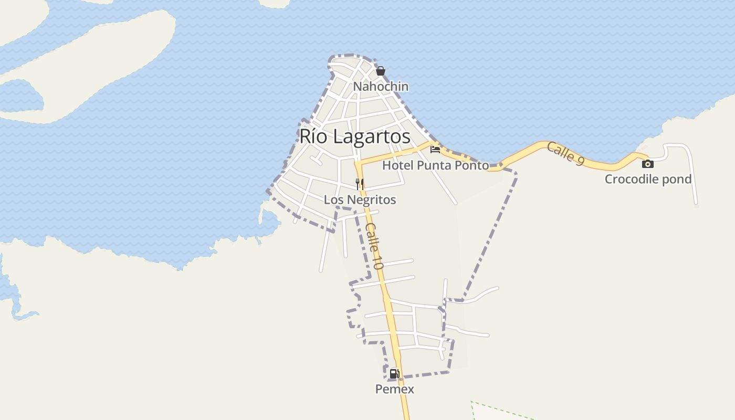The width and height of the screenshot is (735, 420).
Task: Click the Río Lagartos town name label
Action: tap(355, 136)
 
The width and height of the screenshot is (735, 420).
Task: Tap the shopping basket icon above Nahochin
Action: tap(381, 71)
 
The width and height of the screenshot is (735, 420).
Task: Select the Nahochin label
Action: tap(381, 86)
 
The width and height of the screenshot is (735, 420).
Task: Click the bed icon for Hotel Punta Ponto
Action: tap(435, 150)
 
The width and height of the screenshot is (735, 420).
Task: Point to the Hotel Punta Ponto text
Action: tap(435, 165)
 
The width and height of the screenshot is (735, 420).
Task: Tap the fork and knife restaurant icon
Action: tap(360, 184)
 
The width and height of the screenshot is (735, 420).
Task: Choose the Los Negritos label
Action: tap(360, 199)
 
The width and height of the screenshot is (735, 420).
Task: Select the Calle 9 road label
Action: tap(565, 154)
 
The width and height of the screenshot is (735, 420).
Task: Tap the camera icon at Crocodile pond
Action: tap(648, 164)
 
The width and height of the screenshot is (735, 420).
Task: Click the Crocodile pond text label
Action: tap(648, 179)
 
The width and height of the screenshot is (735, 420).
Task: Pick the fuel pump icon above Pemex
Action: tap(394, 374)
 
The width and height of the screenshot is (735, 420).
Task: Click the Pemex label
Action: tap(394, 389)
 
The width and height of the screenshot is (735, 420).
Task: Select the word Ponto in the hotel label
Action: tap(472, 165)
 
